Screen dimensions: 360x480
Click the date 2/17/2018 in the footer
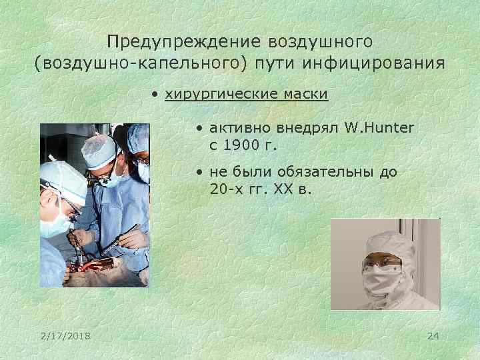pos(65,335)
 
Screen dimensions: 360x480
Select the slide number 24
pos(433,335)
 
